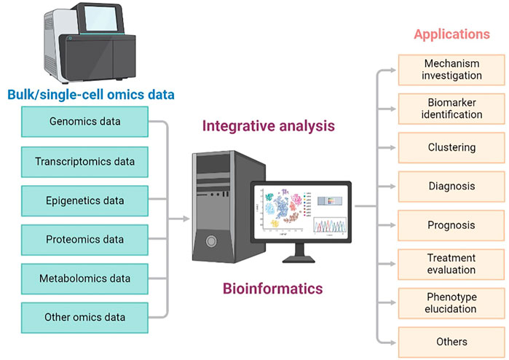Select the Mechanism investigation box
click(451, 69)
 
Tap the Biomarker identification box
click(451, 109)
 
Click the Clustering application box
click(451, 147)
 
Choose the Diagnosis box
click(451, 186)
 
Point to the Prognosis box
click(451, 225)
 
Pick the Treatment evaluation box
click(451, 264)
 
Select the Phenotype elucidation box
click(451, 302)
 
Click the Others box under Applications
click(451, 341)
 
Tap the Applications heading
click(451, 34)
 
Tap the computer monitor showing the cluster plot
click(300, 211)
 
